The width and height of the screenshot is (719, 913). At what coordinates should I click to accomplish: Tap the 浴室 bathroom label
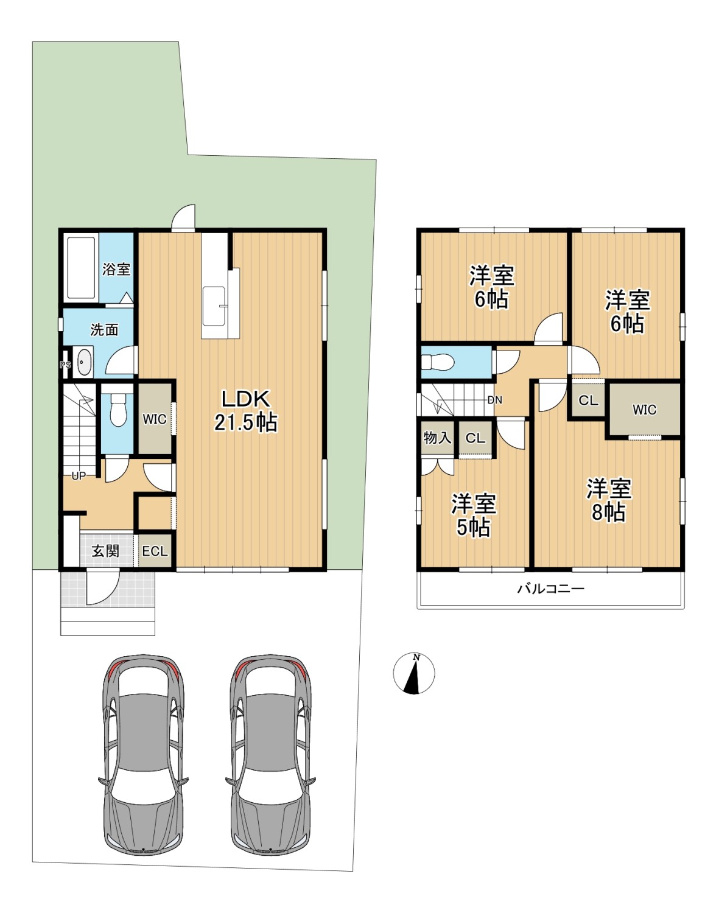(116, 269)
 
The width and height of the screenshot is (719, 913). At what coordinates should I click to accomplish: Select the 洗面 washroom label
(105, 330)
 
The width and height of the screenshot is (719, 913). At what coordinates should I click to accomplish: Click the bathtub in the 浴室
(81, 268)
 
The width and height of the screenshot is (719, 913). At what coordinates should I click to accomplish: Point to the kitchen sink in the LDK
(214, 306)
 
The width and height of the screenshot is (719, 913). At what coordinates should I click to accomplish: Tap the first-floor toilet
(118, 409)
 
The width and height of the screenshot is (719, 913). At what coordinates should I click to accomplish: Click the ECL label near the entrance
(155, 551)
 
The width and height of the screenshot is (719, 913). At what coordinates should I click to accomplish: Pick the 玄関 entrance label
(106, 551)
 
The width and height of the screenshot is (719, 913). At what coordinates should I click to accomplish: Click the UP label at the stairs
(79, 476)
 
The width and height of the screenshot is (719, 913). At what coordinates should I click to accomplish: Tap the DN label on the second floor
(495, 400)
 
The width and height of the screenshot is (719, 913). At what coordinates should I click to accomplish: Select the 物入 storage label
(437, 438)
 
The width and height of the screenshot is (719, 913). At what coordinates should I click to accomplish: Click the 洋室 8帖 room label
(609, 500)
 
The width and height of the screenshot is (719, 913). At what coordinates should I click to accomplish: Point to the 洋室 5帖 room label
(474, 516)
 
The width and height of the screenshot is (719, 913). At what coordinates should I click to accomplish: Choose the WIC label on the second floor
(644, 410)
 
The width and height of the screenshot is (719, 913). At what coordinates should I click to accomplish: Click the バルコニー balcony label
(550, 589)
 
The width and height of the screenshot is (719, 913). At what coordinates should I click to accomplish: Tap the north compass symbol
(414, 673)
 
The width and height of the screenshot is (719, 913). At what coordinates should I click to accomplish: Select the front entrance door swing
(103, 587)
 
